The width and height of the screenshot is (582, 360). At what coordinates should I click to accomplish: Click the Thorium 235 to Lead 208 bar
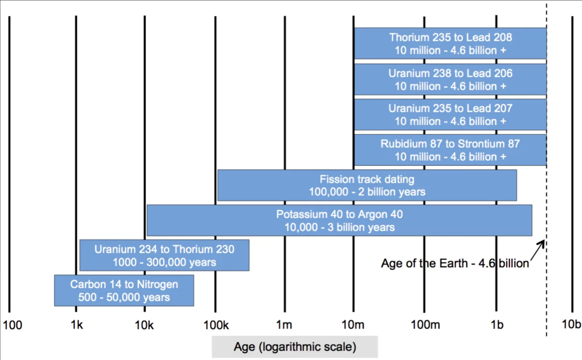tap(450, 43)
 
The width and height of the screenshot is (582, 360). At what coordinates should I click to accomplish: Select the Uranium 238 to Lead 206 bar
tap(450, 79)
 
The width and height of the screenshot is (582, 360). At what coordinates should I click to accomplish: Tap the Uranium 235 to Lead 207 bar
tap(450, 115)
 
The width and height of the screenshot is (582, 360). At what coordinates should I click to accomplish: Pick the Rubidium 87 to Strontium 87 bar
tap(450, 150)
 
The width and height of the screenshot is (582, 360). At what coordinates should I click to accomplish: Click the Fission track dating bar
tap(367, 185)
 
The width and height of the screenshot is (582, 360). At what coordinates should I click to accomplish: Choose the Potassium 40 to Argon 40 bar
tap(339, 220)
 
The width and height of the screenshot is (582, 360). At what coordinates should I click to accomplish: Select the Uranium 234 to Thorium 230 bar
tap(164, 255)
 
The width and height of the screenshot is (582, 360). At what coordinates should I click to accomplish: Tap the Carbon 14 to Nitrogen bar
tap(124, 290)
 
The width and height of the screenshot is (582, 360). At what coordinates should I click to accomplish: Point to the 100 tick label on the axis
tap(13, 325)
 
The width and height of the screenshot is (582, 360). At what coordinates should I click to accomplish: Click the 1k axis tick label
tap(77, 325)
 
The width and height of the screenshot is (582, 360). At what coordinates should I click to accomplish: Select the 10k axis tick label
tap(144, 325)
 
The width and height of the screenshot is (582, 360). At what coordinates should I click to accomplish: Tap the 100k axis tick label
tap(216, 325)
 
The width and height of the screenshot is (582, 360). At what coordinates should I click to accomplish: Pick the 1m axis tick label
tap(284, 325)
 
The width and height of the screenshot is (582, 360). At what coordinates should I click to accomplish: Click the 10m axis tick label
tap(353, 325)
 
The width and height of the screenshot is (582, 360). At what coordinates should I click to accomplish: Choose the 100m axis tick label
tap(425, 325)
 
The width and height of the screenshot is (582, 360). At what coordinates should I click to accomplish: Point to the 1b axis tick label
tap(497, 325)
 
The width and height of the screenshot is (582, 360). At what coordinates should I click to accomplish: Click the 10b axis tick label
tap(571, 324)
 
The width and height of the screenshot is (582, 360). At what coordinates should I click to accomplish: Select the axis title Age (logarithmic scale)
tap(295, 347)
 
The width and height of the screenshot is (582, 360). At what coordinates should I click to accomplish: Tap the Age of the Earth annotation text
tap(455, 263)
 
